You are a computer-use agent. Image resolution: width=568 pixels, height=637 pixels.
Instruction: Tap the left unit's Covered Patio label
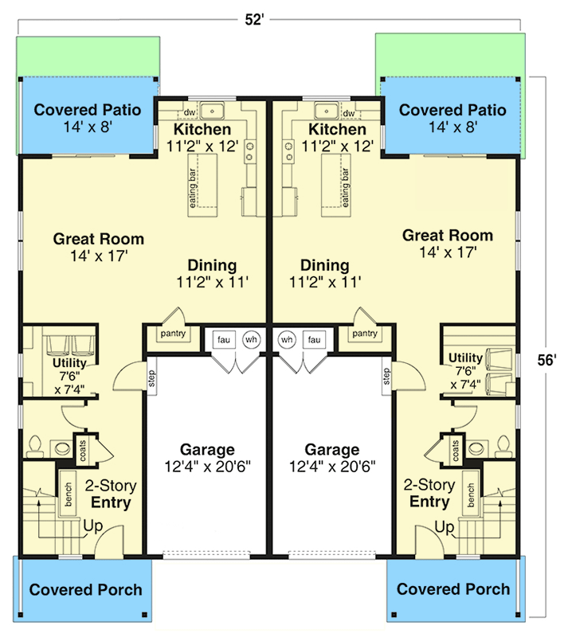(88, 110)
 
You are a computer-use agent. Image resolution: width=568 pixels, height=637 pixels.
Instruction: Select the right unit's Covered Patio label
(452, 110)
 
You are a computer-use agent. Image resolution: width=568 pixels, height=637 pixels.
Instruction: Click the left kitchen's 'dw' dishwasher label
(190, 113)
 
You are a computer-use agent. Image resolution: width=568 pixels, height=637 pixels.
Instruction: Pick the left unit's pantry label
(173, 334)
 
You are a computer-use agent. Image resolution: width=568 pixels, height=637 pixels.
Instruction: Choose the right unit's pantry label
(365, 334)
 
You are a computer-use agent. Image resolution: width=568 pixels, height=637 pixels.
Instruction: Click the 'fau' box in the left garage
(224, 341)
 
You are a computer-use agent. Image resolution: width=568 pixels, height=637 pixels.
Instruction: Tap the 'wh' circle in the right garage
(288, 341)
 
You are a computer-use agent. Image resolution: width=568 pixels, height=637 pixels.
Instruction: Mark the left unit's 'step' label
(152, 375)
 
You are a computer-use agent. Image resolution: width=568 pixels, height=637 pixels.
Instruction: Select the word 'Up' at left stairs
(92, 526)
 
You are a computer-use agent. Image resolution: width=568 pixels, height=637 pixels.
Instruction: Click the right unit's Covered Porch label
(453, 589)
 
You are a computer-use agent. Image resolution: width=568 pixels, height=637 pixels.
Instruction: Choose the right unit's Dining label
(325, 265)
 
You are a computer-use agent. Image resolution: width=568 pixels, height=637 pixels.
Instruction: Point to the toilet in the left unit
(35, 445)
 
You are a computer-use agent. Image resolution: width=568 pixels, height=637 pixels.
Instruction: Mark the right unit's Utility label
(465, 357)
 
